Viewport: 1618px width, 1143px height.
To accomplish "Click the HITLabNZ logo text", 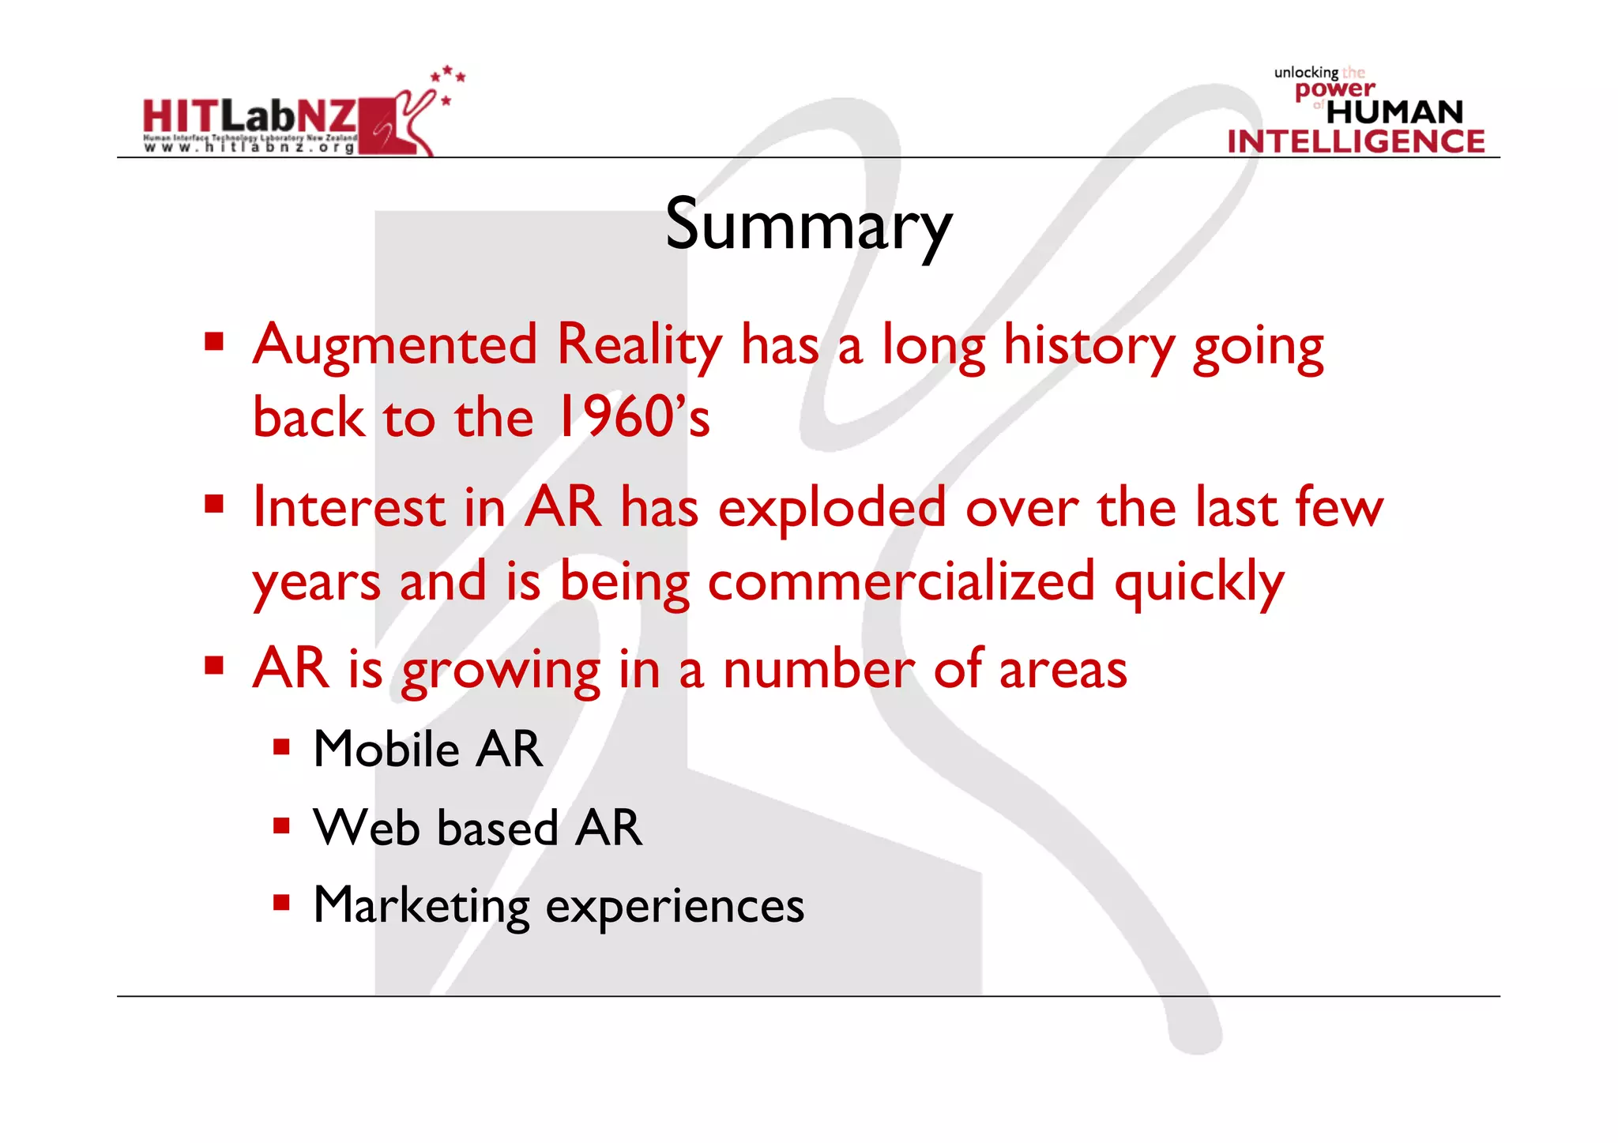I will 250,117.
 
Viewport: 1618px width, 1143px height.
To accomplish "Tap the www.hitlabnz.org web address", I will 250,148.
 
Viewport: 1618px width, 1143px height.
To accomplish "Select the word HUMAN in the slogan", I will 1394,112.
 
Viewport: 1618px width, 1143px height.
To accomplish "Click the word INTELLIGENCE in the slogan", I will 1356,142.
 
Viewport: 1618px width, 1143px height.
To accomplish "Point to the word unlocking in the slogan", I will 1305,73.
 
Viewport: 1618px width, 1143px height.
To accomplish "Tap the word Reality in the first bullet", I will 639,346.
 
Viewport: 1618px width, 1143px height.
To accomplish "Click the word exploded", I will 832,508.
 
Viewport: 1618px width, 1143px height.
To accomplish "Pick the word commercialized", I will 901,581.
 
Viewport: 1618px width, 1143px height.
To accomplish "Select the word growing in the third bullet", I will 501,671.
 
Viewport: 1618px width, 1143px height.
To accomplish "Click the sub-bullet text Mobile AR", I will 427,749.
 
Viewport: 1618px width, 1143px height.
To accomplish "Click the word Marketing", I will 421,906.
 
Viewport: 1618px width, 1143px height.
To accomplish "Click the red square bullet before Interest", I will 214,504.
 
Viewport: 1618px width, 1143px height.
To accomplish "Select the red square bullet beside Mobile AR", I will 281,747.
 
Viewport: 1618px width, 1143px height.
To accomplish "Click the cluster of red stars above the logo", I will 448,80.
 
